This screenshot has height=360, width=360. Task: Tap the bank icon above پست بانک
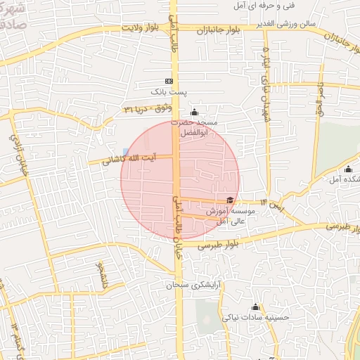coord(169,81)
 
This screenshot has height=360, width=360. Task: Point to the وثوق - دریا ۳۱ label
coord(147,108)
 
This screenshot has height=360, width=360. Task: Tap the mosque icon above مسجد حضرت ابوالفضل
coord(195,112)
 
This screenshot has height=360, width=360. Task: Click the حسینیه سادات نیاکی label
coord(256,318)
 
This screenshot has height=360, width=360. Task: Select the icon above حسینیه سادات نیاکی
coord(255,307)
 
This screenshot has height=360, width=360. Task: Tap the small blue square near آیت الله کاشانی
coord(125,152)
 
